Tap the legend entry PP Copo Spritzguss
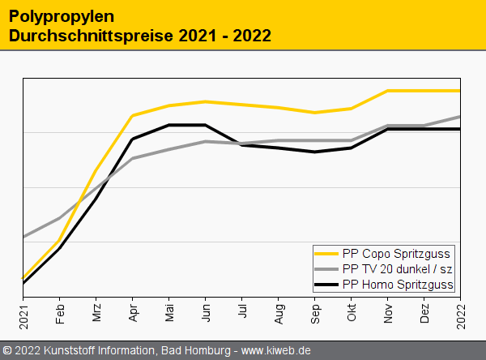click(x=396, y=253)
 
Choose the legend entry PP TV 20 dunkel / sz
click(x=397, y=268)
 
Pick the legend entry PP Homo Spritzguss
click(x=398, y=284)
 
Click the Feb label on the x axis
click(x=60, y=315)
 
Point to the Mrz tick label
click(x=96, y=315)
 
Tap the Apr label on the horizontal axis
click(x=133, y=315)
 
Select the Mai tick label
click(x=169, y=315)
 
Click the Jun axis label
click(x=206, y=315)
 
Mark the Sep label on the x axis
click(x=315, y=315)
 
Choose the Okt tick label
click(x=352, y=315)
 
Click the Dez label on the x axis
click(x=424, y=315)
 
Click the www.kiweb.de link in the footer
click(x=276, y=350)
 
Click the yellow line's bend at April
click(x=133, y=115)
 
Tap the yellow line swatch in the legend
click(x=327, y=253)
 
